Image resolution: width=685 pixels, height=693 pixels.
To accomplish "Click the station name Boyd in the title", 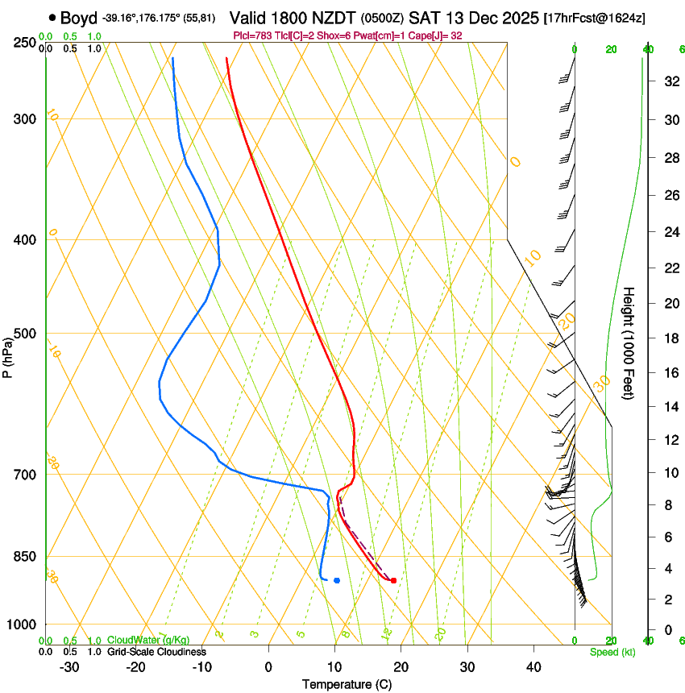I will [x=78, y=18].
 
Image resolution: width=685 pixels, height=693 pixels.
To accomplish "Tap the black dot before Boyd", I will [x=52, y=18].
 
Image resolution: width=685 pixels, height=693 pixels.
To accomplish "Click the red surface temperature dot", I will [x=393, y=580].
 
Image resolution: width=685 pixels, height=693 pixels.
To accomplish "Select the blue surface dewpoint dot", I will [x=337, y=580].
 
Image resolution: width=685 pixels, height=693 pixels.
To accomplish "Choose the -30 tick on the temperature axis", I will [x=69, y=666].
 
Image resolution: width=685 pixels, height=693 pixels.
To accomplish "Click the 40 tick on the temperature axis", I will [x=533, y=666].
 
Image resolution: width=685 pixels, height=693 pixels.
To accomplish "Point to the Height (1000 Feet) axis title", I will [x=629, y=342].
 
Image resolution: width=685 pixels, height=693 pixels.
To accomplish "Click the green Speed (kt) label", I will [x=612, y=651].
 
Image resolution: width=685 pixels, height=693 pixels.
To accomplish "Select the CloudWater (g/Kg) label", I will [x=148, y=641].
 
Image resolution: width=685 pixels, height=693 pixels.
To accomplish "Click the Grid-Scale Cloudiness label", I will [x=157, y=651].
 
